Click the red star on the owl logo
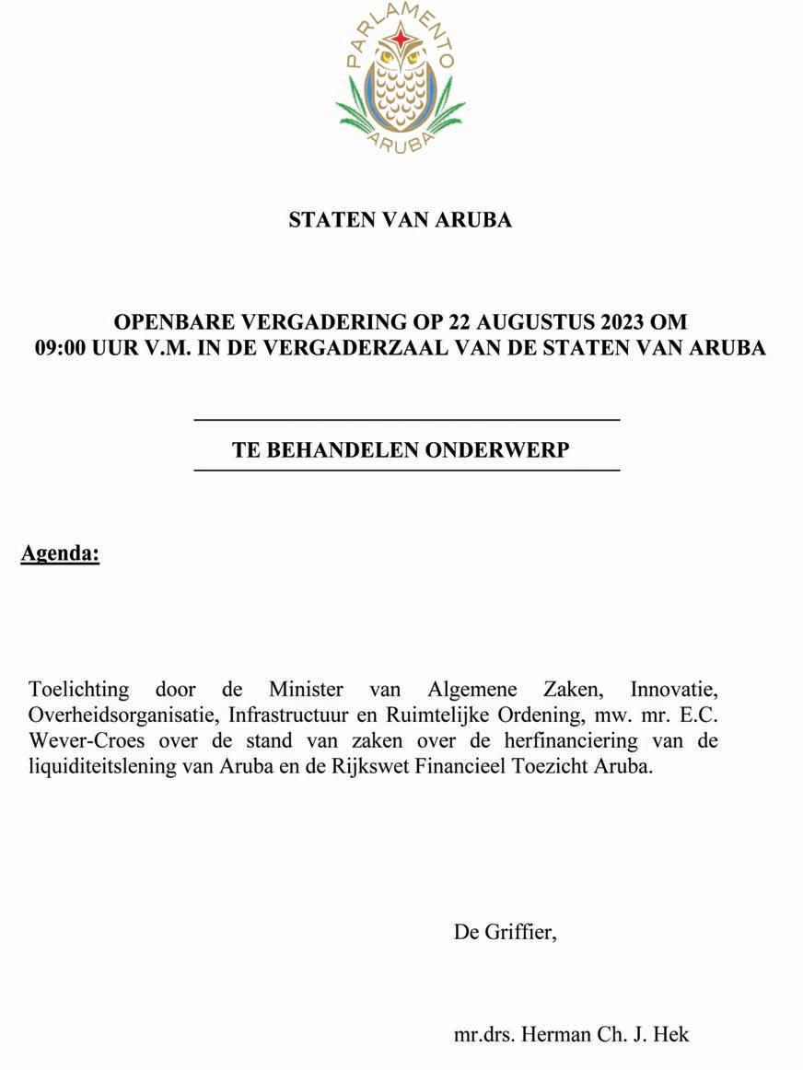click(x=401, y=38)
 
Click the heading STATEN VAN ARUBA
click(x=401, y=220)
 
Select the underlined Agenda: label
click(x=60, y=554)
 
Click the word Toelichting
click(x=79, y=689)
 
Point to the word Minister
click(x=307, y=689)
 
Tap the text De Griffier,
click(x=506, y=932)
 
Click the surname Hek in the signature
click(x=673, y=1034)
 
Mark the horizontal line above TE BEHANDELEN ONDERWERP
click(x=406, y=420)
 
